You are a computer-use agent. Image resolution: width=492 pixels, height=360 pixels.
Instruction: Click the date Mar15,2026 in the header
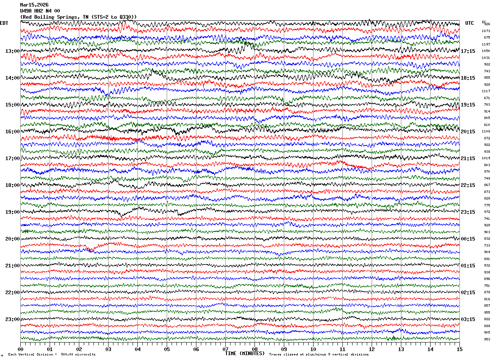coord(34,5)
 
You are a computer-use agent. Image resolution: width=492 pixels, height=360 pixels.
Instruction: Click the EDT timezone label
coord(4,23)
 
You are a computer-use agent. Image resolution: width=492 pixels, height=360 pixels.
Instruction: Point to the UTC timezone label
coord(470,23)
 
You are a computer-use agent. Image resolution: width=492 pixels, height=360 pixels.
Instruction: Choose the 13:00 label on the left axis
coord(13,51)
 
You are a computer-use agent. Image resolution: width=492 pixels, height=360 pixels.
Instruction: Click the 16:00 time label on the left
coord(13,132)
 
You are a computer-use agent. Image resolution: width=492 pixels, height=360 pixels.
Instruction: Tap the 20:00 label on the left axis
coord(13,239)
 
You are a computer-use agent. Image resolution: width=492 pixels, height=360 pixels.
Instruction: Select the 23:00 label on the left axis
coord(13,319)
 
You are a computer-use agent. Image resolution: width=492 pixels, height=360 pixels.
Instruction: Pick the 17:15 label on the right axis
coord(468,51)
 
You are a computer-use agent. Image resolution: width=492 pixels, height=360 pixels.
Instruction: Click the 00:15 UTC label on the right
coord(468,239)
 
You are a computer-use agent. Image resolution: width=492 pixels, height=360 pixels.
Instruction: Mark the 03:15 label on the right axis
coord(468,319)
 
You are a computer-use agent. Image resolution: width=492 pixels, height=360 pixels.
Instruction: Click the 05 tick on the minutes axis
coord(167,349)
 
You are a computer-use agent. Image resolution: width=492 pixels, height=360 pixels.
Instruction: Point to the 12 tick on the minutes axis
coord(372,349)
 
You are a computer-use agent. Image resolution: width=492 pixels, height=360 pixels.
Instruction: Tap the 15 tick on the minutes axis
coord(459,349)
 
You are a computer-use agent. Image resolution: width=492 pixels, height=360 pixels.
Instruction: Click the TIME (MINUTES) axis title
coord(245,353)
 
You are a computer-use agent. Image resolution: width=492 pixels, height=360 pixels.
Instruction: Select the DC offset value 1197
coord(486,44)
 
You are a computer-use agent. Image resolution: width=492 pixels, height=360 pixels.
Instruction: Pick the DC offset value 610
coord(487,125)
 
